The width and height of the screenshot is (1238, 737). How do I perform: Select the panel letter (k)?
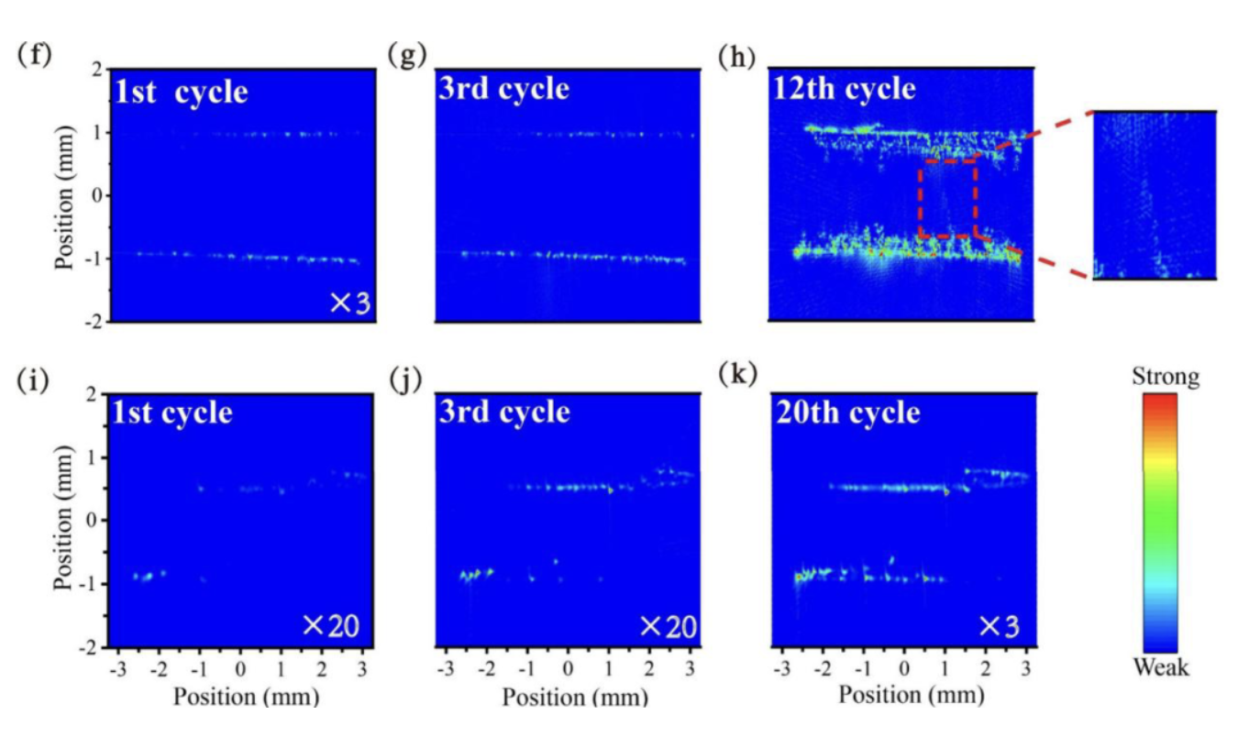pyautogui.click(x=737, y=379)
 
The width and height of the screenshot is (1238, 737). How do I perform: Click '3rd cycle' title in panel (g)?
pyautogui.click(x=504, y=89)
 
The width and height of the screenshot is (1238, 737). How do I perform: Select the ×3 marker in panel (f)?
pyautogui.click(x=350, y=303)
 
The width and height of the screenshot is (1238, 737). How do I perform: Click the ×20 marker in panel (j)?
pyautogui.click(x=669, y=627)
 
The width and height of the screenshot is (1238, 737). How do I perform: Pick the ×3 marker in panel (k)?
pyautogui.click(x=1000, y=627)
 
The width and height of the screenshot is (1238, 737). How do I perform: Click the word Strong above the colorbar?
pyautogui.click(x=1166, y=378)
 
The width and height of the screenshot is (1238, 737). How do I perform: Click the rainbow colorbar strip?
pyautogui.click(x=1160, y=522)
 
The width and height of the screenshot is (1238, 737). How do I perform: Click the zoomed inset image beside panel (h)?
pyautogui.click(x=1155, y=194)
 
